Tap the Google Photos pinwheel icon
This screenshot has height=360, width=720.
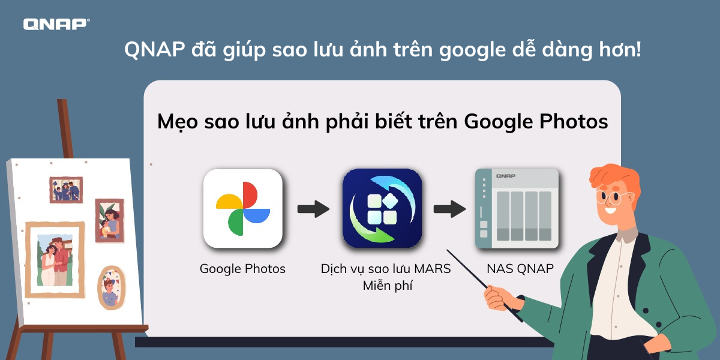(243, 209)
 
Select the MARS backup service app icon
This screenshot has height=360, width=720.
(382, 209)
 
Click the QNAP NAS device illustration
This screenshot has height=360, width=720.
(517, 209)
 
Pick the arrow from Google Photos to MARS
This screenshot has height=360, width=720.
(313, 209)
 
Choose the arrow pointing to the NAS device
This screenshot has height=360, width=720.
(449, 209)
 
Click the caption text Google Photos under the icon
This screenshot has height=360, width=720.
(242, 269)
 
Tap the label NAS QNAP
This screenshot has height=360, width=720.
(520, 269)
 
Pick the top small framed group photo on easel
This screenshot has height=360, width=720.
(65, 190)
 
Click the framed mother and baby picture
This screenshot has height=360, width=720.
(109, 220)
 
